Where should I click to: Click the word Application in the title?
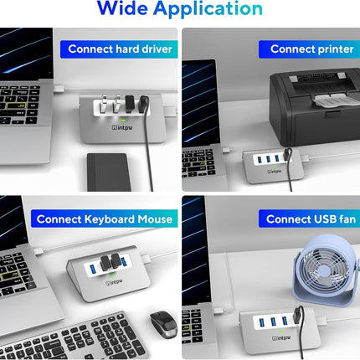(x=213, y=10)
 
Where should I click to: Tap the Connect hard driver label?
(x=121, y=49)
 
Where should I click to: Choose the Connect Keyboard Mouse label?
(x=105, y=219)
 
